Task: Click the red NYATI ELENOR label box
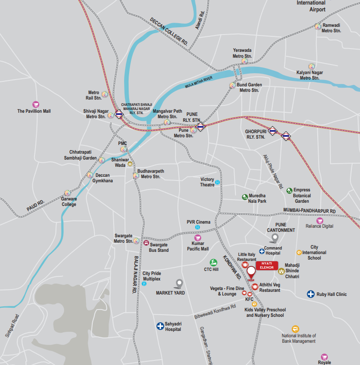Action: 266,265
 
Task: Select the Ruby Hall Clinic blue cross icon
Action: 311,294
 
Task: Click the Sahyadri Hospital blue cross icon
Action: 160,325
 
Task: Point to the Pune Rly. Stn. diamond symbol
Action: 200,126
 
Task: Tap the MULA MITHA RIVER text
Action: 199,82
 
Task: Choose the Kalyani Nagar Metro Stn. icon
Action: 311,66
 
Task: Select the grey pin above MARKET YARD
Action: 180,284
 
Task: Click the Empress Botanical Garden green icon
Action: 290,190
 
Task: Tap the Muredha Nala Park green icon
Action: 245,197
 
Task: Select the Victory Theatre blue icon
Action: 217,182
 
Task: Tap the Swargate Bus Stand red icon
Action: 146,243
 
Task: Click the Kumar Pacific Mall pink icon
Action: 197,238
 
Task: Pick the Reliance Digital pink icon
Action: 320,220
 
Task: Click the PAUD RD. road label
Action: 35,205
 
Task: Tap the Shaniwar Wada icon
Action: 130,164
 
